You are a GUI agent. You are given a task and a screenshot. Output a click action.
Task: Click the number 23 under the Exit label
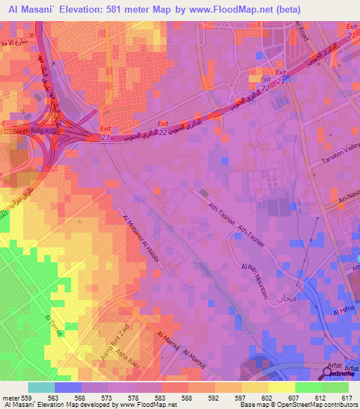[105, 138]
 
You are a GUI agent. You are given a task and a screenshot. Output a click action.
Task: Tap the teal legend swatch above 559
[41, 387]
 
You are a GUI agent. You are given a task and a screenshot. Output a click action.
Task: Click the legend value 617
[345, 398]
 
